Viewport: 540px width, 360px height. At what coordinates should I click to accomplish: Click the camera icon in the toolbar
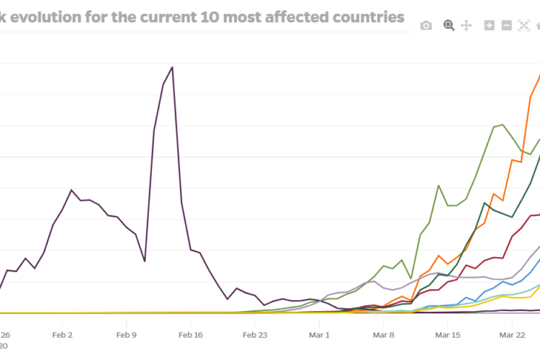coord(426,26)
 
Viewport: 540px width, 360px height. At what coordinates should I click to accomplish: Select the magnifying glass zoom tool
coord(449,25)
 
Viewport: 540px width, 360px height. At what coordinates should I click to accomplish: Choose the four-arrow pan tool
coord(466,26)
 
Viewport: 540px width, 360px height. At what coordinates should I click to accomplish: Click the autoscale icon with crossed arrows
coord(523,26)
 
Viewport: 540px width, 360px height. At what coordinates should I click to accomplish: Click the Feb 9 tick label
coord(126,335)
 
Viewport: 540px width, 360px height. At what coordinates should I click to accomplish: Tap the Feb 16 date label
coord(191,335)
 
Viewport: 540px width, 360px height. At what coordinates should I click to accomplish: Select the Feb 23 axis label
coord(255,335)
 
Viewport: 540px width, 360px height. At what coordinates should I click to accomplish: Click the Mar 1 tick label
coord(319,335)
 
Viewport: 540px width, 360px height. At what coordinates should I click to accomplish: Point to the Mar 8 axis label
coord(383,335)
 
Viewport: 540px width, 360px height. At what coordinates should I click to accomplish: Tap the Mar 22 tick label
coord(512,335)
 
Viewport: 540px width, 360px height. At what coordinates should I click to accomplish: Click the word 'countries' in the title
coord(365,17)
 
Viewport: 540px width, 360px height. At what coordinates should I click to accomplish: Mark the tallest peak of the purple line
coord(172,68)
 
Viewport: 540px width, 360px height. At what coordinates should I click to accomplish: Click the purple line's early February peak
coord(71,190)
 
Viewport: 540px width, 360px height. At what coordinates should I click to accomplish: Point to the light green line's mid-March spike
coord(438,185)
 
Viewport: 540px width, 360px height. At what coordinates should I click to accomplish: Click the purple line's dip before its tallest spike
coord(145,261)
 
